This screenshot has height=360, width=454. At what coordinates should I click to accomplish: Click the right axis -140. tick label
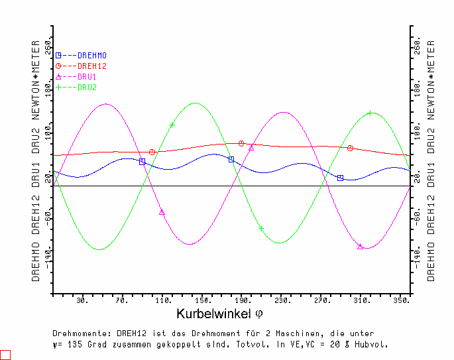click(x=418, y=257)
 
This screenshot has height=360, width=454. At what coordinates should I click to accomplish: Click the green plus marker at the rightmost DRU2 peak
click(x=370, y=113)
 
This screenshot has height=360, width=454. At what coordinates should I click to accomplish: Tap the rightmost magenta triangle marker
click(x=361, y=247)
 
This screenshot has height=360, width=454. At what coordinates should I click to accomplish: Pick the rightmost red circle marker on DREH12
click(x=350, y=148)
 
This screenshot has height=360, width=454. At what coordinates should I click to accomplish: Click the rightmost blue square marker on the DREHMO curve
click(x=340, y=178)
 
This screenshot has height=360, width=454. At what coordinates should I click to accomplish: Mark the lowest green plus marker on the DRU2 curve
click(x=261, y=229)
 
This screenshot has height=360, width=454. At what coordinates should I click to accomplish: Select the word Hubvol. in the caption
click(x=372, y=345)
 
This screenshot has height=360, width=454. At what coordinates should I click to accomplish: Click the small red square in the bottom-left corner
click(x=5, y=355)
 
